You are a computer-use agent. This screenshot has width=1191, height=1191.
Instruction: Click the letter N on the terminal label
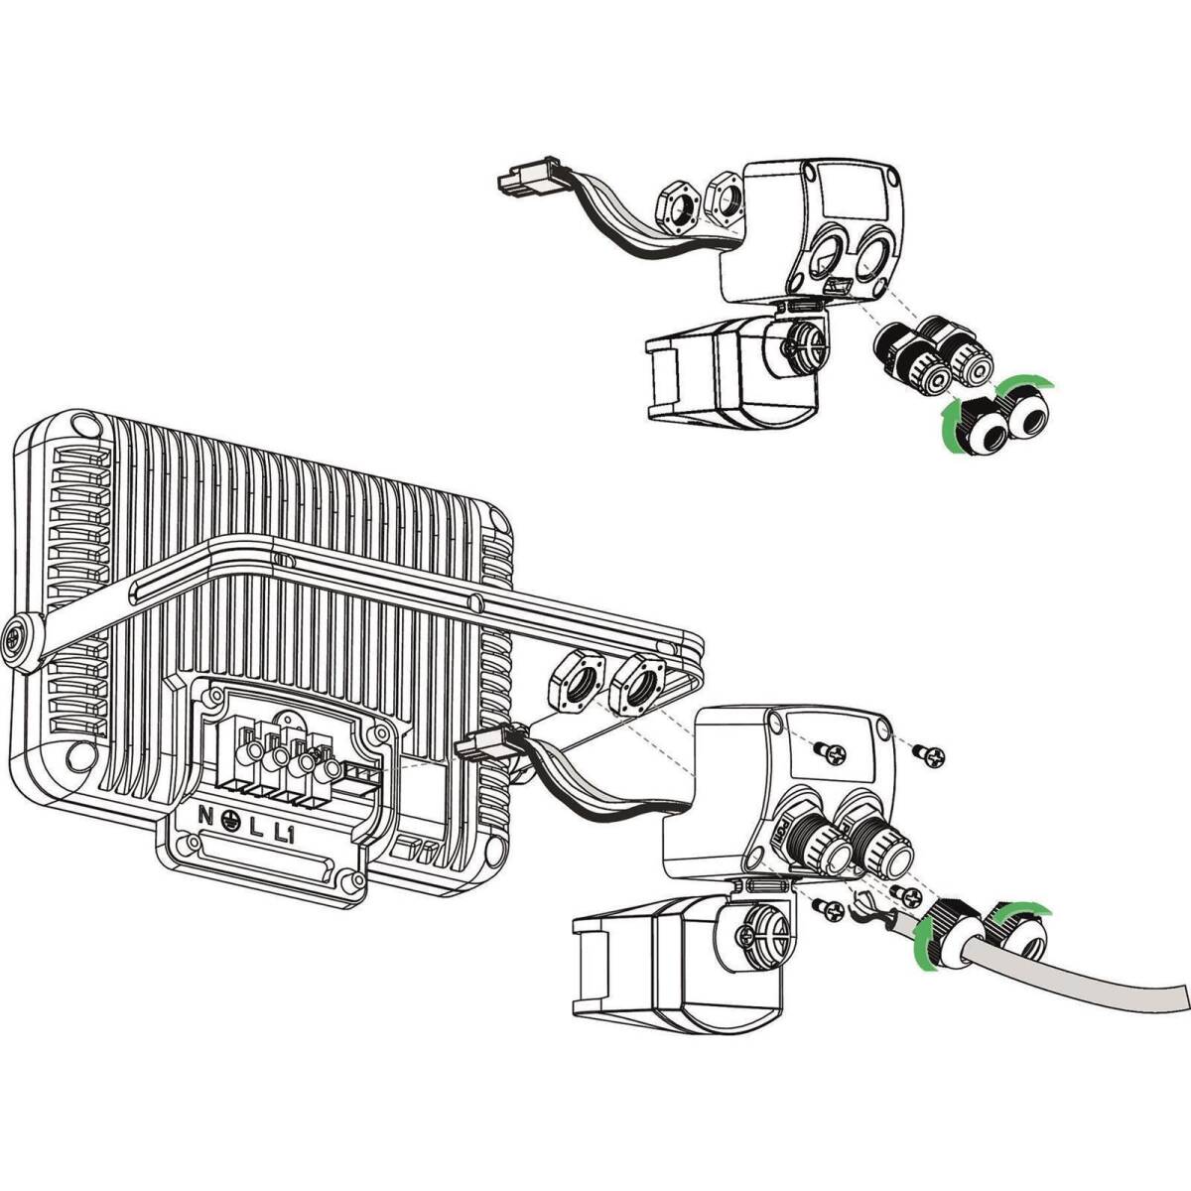(x=204, y=815)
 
